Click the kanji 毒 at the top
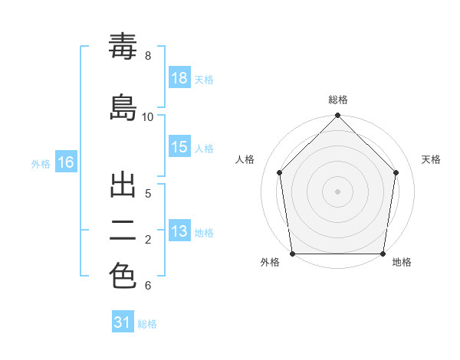point(123,46)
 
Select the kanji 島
point(123,107)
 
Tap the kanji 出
point(123,185)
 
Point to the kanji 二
point(123,231)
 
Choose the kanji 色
point(123,276)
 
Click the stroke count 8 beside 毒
point(148,56)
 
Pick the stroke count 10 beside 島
point(147,117)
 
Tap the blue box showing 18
point(179,77)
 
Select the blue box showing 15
point(179,146)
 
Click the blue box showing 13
point(179,230)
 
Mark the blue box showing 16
point(66,162)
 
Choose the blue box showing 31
point(123,321)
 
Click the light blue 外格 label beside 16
point(41,164)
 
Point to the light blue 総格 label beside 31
point(147,324)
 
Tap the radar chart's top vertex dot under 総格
point(337,115)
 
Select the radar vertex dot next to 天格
point(396,172)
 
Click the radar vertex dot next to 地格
point(383,254)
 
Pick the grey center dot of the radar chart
point(337,191)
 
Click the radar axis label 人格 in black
point(245,159)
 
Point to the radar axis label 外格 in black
point(270,262)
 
